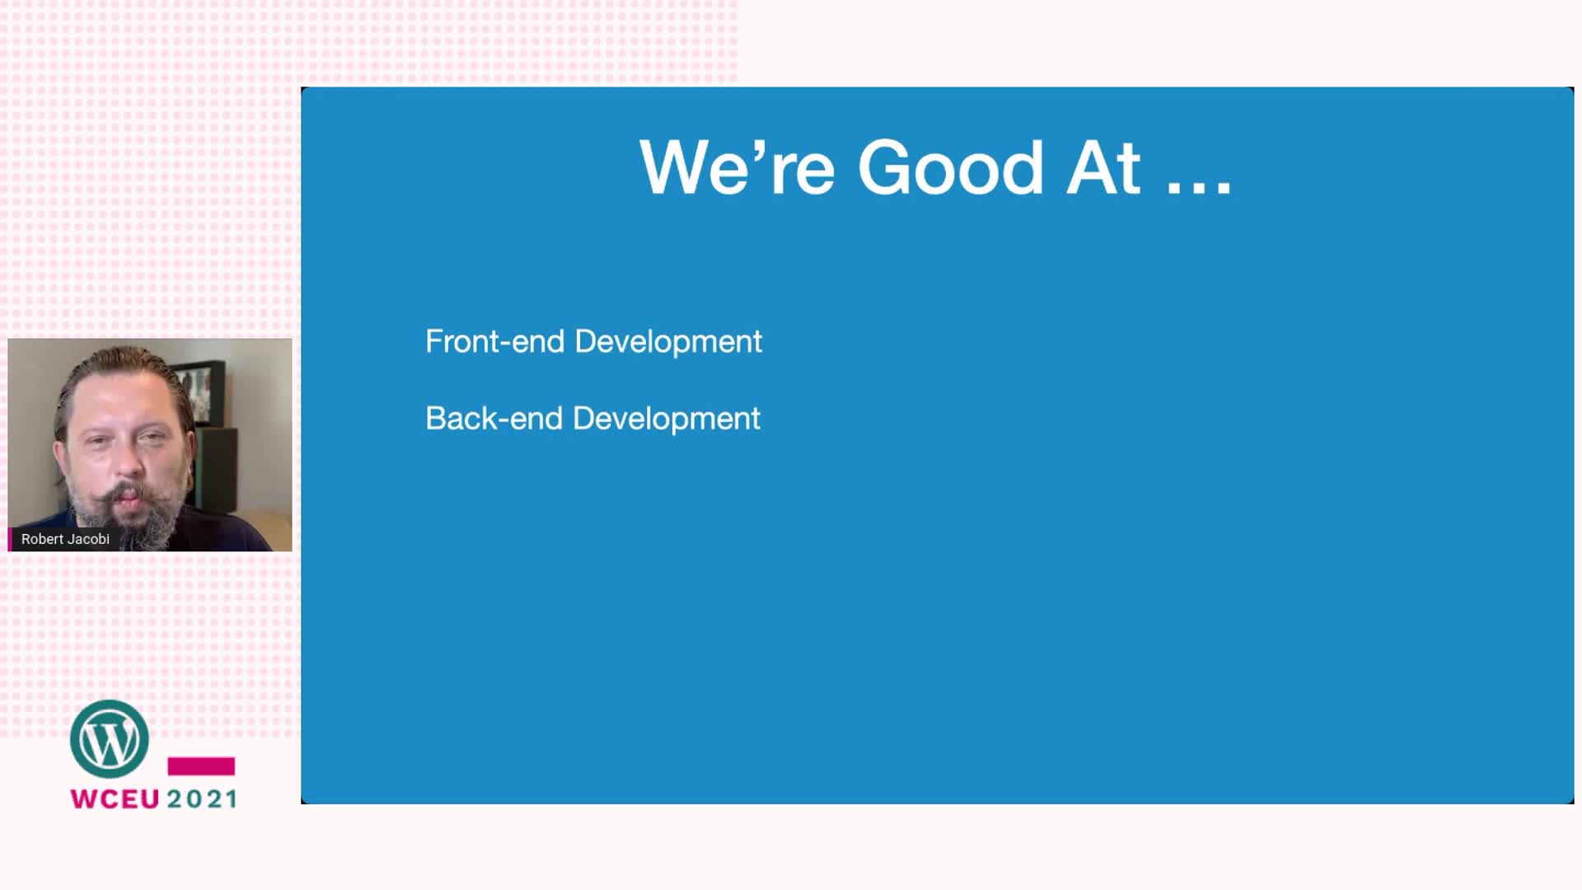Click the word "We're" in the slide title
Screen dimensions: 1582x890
737,167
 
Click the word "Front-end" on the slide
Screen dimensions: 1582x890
494,341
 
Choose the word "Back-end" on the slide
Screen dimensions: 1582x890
494,418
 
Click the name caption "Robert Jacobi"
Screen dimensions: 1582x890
65,539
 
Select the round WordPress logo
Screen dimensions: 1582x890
110,739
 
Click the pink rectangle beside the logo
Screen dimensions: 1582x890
201,766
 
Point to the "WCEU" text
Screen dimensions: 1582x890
115,799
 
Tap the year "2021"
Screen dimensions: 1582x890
202,799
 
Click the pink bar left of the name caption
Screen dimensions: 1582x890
11,539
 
